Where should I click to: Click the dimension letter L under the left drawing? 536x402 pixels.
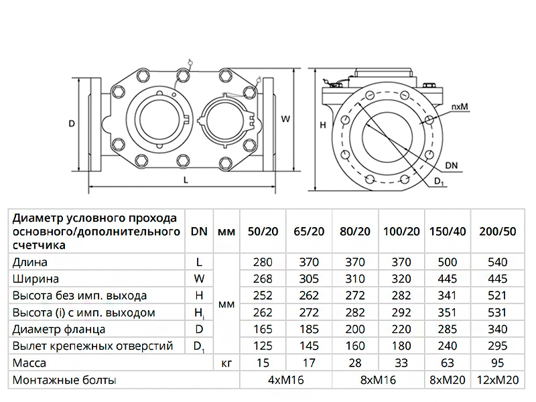click(x=186, y=181)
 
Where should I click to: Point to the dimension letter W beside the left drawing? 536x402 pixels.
click(x=285, y=119)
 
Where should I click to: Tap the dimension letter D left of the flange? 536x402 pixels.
click(x=71, y=123)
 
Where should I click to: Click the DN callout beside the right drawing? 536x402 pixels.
click(x=452, y=163)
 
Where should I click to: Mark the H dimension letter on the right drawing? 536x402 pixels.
click(x=322, y=125)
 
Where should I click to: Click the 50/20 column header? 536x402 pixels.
click(x=263, y=231)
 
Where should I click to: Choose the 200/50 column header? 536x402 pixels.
click(x=498, y=231)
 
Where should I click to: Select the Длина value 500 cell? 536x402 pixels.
click(x=448, y=263)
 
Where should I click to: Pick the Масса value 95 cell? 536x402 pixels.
click(x=498, y=363)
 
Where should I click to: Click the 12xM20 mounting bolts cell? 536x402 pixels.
click(x=498, y=380)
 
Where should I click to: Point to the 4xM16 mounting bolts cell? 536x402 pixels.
click(x=286, y=380)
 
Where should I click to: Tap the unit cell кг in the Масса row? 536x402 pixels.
click(x=226, y=363)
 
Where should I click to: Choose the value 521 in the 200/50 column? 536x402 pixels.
click(x=498, y=296)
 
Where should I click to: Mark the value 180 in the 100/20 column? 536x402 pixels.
click(x=402, y=346)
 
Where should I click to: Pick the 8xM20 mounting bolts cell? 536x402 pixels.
click(x=448, y=380)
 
